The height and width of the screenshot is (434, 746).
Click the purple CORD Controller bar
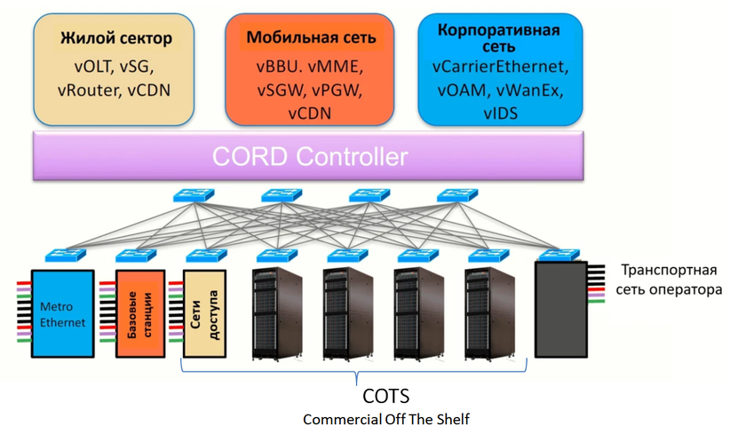310,158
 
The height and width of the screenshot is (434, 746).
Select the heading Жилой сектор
115,38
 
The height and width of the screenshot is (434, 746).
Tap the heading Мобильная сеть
311,38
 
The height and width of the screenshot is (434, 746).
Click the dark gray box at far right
560,309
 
